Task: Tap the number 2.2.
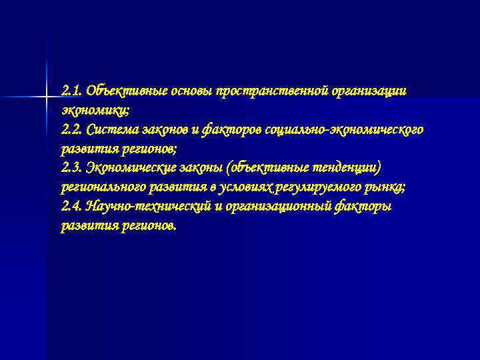point(72,129)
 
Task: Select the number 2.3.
point(72,167)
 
